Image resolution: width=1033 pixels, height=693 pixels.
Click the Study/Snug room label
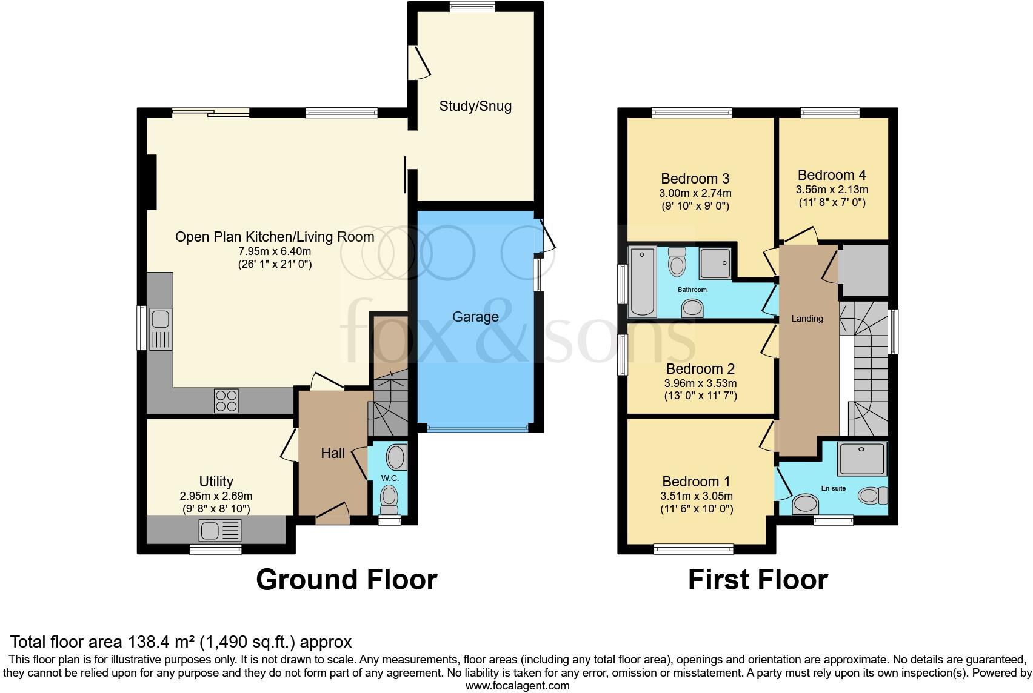click(475, 106)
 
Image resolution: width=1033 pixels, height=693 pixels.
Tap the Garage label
click(475, 317)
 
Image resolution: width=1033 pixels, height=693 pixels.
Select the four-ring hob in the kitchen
click(226, 400)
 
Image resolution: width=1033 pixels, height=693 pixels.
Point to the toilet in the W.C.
click(389, 500)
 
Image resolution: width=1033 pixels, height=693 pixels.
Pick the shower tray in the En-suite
click(861, 458)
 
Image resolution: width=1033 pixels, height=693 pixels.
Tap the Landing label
click(807, 319)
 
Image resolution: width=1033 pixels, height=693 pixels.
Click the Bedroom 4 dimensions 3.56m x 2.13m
click(832, 190)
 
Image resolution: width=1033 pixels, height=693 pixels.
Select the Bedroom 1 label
click(696, 482)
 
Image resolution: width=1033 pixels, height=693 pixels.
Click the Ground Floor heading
click(346, 580)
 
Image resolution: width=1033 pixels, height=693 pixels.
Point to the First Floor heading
click(757, 580)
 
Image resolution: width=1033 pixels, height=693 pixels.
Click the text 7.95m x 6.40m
click(275, 251)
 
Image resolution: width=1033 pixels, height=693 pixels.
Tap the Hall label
click(333, 453)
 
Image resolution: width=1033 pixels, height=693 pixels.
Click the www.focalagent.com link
click(517, 686)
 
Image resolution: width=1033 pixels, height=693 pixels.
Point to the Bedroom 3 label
click(695, 179)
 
